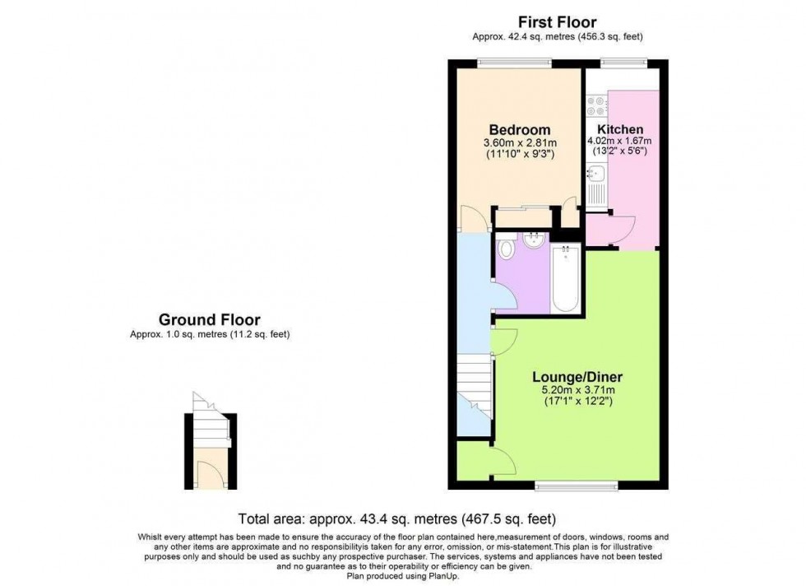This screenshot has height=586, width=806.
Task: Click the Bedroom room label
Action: (519, 130)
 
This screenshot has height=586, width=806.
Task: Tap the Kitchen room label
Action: (620, 130)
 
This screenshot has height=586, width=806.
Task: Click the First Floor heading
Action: (556, 22)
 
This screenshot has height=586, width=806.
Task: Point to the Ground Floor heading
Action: (209, 319)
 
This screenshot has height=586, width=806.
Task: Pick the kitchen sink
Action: (595, 174)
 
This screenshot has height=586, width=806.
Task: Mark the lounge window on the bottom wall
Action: (575, 486)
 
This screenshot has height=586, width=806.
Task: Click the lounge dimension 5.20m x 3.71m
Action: (575, 390)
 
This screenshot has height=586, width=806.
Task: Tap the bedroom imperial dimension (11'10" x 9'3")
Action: (519, 153)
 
